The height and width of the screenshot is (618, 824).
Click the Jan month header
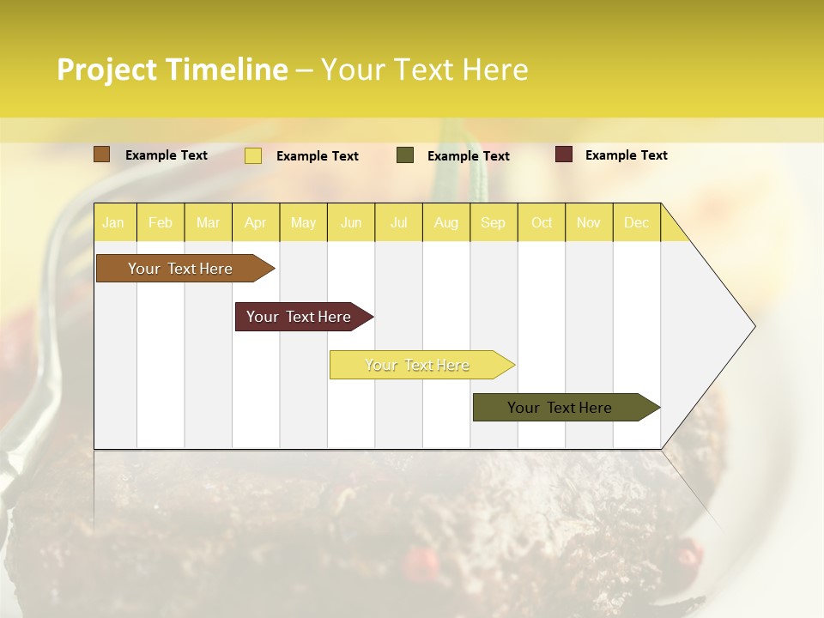(113, 222)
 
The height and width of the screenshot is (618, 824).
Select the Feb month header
(161, 222)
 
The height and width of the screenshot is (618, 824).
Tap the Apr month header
(256, 222)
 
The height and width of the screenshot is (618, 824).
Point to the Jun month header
(351, 222)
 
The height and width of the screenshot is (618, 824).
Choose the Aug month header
(446, 222)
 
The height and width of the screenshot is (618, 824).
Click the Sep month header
(494, 222)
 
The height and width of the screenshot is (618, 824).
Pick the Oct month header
(542, 222)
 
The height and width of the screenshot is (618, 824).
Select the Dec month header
(637, 222)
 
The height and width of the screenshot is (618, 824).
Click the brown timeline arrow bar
(181, 269)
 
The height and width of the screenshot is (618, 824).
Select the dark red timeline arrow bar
(300, 317)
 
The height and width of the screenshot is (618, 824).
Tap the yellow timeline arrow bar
(418, 365)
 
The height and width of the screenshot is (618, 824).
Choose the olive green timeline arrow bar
(560, 408)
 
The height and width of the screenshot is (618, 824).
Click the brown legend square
(102, 154)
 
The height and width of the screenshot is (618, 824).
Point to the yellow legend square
(253, 155)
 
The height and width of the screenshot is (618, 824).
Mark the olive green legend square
(405, 155)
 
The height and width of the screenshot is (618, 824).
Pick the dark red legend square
(564, 154)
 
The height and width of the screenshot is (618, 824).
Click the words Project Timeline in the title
(173, 70)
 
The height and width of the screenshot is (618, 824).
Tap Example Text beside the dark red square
(627, 155)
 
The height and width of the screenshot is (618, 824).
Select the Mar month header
(208, 222)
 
